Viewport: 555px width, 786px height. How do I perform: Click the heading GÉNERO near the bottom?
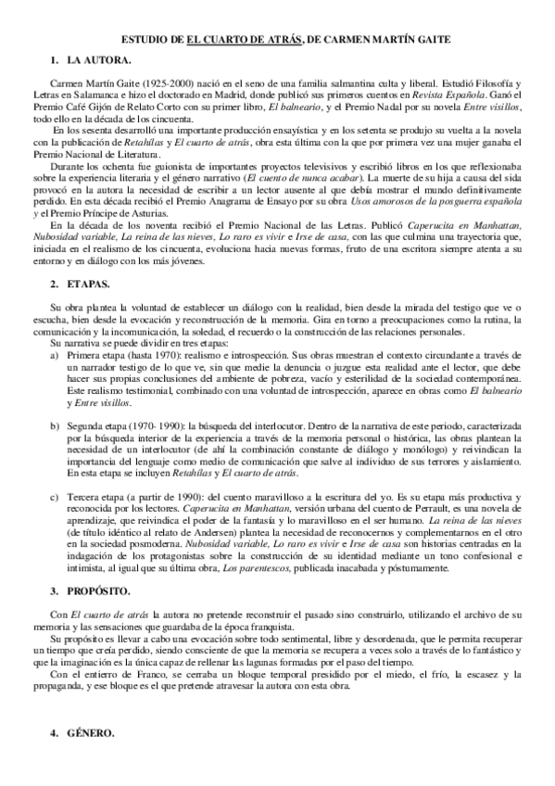(x=90, y=733)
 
